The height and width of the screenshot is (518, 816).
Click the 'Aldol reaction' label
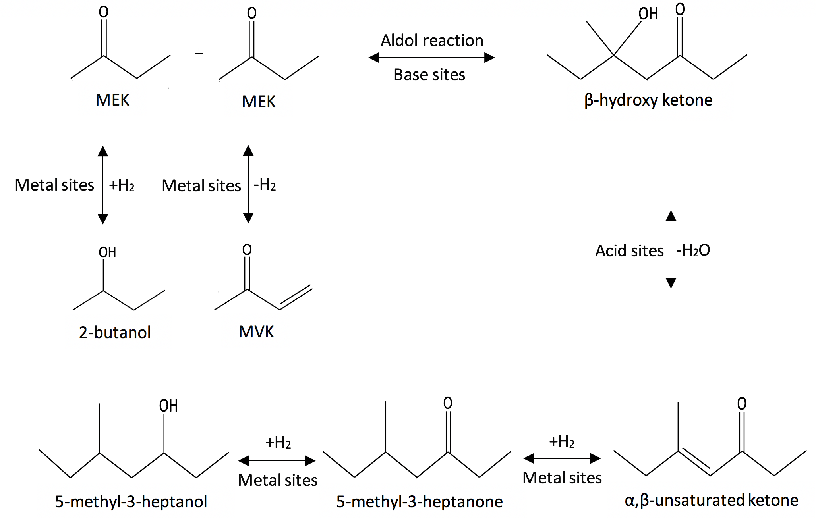(432, 40)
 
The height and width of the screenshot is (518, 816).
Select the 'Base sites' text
(429, 75)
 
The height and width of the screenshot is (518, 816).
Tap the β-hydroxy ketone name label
(648, 100)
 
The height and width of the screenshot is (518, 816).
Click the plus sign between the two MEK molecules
(199, 53)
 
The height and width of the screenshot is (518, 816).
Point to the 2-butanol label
(114, 332)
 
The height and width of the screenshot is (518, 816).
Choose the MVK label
(256, 332)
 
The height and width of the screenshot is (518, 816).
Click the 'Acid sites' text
(629, 251)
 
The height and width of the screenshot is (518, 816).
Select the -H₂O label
(693, 250)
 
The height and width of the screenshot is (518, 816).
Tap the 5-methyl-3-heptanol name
(131, 502)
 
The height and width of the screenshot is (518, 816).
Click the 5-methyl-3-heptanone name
(419, 502)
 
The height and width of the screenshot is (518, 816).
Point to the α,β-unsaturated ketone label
(711, 500)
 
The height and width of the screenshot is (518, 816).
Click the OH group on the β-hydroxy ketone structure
(648, 14)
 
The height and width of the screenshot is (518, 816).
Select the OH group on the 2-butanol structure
(107, 252)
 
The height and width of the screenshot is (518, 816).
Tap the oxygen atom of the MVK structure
(247, 250)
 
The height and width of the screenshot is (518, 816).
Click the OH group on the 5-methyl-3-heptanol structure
(168, 406)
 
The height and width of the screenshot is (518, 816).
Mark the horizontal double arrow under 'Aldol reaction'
(431, 58)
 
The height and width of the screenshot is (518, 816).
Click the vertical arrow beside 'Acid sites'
(671, 249)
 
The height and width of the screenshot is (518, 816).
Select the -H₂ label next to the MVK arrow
(265, 185)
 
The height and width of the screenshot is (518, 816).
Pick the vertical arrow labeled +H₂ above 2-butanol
(103, 185)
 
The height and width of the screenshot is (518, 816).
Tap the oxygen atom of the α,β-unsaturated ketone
(742, 404)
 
